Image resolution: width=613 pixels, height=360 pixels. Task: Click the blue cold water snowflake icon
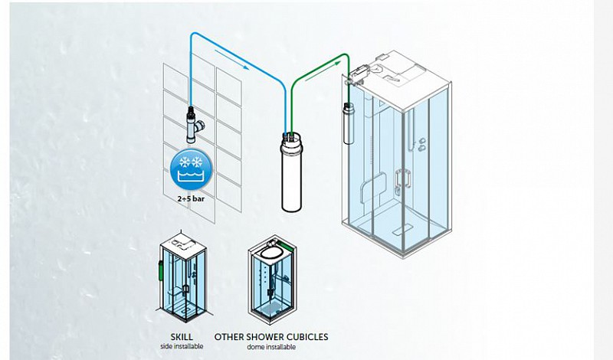191,169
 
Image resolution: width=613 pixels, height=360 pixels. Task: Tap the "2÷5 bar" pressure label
191,199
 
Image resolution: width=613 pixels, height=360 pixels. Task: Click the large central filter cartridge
292,172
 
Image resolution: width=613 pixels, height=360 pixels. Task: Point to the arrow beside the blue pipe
232,60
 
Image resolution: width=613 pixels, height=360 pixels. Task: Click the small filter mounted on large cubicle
349,123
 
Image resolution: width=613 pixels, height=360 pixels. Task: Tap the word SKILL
182,337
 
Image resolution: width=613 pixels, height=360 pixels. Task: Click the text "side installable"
182,346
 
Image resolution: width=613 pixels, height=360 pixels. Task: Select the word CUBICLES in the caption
307,337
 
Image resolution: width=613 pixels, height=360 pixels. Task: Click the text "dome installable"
271,347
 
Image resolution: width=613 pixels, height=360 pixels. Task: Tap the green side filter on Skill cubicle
160,269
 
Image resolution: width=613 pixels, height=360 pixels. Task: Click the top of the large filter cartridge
292,137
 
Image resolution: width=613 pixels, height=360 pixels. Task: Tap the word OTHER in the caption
228,337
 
